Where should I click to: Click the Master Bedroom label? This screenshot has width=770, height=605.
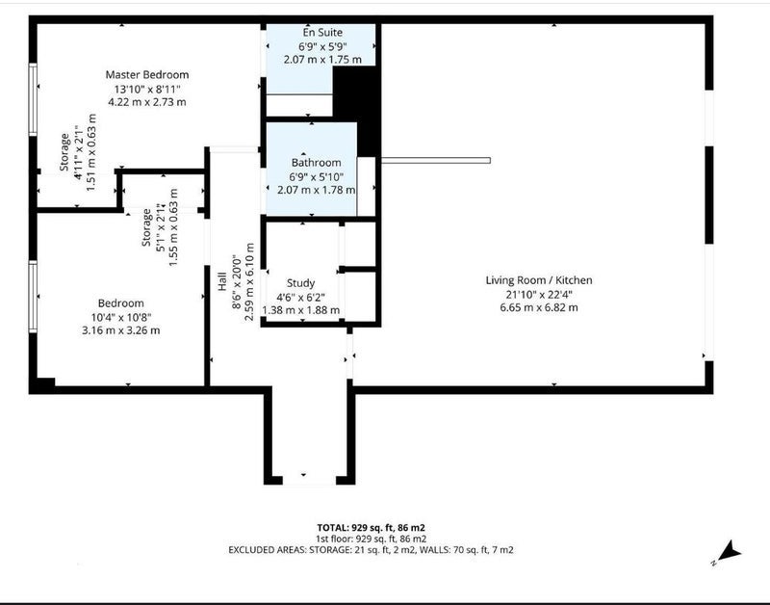147,75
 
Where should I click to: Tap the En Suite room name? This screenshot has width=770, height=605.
322,33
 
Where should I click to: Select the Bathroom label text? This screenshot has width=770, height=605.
317,162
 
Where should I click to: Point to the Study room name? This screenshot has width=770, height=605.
300,283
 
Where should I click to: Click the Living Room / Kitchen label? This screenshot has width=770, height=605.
539,280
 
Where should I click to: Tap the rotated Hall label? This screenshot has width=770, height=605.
222,281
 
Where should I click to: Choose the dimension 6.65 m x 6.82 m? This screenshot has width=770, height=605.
539,307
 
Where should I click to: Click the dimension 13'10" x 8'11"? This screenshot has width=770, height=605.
147,89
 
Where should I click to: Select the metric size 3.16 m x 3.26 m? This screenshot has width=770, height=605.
121,330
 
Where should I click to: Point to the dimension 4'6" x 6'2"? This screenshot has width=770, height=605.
300,297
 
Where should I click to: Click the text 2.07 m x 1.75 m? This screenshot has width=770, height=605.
322,60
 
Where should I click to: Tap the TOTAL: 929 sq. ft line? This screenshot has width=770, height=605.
371,528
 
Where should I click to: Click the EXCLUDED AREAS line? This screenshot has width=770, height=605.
371,550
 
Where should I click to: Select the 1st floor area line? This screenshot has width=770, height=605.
371,539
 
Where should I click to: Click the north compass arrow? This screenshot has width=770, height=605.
728,553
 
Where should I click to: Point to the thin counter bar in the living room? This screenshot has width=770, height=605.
436,160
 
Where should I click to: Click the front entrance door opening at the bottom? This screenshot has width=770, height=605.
309,480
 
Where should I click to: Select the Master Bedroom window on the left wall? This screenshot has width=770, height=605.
33,99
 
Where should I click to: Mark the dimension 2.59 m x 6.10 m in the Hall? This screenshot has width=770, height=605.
249,282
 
